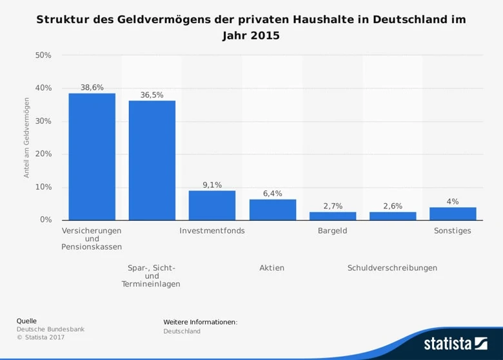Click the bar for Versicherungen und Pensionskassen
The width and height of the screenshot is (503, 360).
92,157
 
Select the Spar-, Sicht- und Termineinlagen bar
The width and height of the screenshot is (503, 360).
152,160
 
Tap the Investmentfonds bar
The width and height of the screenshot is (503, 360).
212,205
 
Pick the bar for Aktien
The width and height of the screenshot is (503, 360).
272,210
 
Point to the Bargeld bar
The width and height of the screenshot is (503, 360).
332,215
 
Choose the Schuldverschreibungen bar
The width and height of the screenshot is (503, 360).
392,215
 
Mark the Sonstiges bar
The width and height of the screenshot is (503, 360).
453,214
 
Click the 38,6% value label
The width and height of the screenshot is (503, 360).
92,87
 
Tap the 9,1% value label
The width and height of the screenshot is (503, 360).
212,185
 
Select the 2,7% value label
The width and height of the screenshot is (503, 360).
332,206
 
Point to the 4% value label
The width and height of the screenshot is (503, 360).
453,201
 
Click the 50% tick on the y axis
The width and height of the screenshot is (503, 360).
43,55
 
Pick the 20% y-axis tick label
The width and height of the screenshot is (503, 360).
43,154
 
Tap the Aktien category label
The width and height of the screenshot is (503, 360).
271,268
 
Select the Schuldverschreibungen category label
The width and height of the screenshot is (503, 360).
392,268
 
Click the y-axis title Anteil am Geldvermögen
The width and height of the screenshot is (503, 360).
27,137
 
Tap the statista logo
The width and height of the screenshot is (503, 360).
455,343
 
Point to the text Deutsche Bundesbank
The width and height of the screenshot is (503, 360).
50,329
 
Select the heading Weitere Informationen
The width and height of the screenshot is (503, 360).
200,321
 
